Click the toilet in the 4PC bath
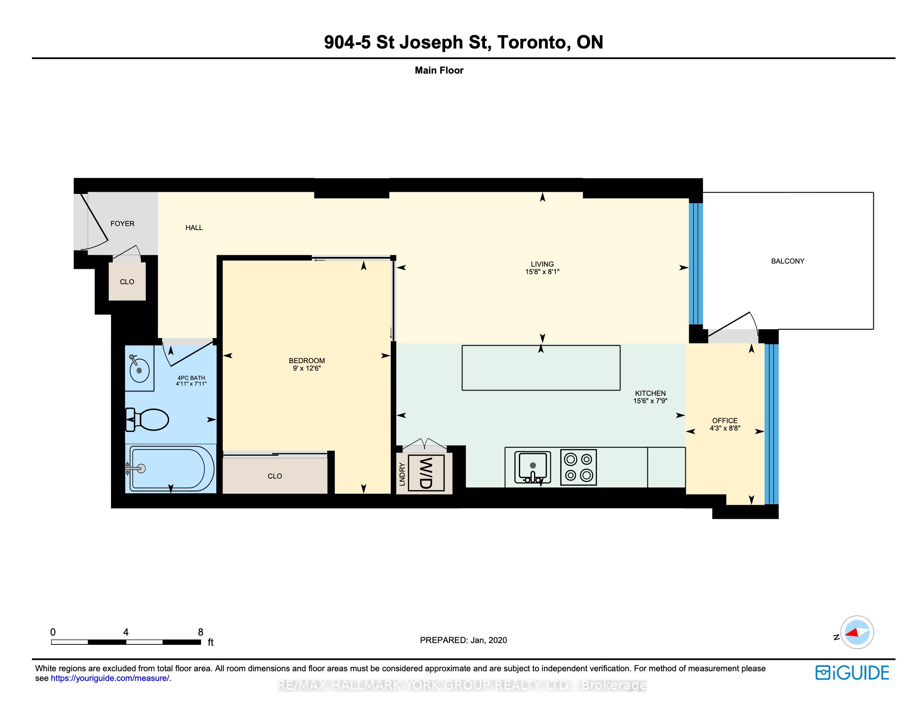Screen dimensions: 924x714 tap(147, 420)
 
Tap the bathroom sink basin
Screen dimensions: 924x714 tap(140, 370)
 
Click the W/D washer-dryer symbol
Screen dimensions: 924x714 tap(426, 473)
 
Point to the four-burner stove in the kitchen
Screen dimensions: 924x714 tap(578, 467)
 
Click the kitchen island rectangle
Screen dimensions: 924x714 tap(541, 368)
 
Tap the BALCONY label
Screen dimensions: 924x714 tap(787, 261)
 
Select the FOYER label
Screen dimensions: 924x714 tap(122, 223)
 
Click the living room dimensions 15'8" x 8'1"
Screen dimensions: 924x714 tap(542, 272)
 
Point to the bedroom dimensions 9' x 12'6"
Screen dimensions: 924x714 tap(307, 368)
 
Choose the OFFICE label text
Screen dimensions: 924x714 tap(725, 420)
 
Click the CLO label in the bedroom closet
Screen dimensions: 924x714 tap(275, 476)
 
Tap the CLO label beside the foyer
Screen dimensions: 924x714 tap(127, 282)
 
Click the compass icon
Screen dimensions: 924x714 tap(857, 632)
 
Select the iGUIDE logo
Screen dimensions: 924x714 tap(852, 673)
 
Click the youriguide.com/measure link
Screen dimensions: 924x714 tap(110, 678)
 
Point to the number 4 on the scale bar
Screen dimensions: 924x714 tap(126, 632)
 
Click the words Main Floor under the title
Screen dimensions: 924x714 tap(439, 71)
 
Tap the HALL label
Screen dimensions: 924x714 tap(194, 227)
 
